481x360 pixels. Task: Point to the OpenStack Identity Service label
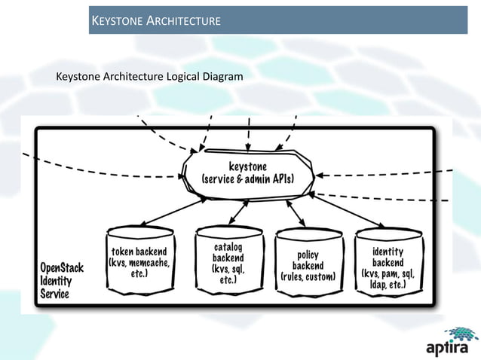click(x=62, y=281)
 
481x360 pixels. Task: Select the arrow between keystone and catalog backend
click(x=239, y=212)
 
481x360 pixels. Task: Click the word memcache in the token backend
click(x=151, y=262)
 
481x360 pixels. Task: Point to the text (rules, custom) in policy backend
click(x=308, y=277)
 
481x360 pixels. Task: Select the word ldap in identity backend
click(x=378, y=285)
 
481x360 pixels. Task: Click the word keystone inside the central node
click(x=248, y=166)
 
